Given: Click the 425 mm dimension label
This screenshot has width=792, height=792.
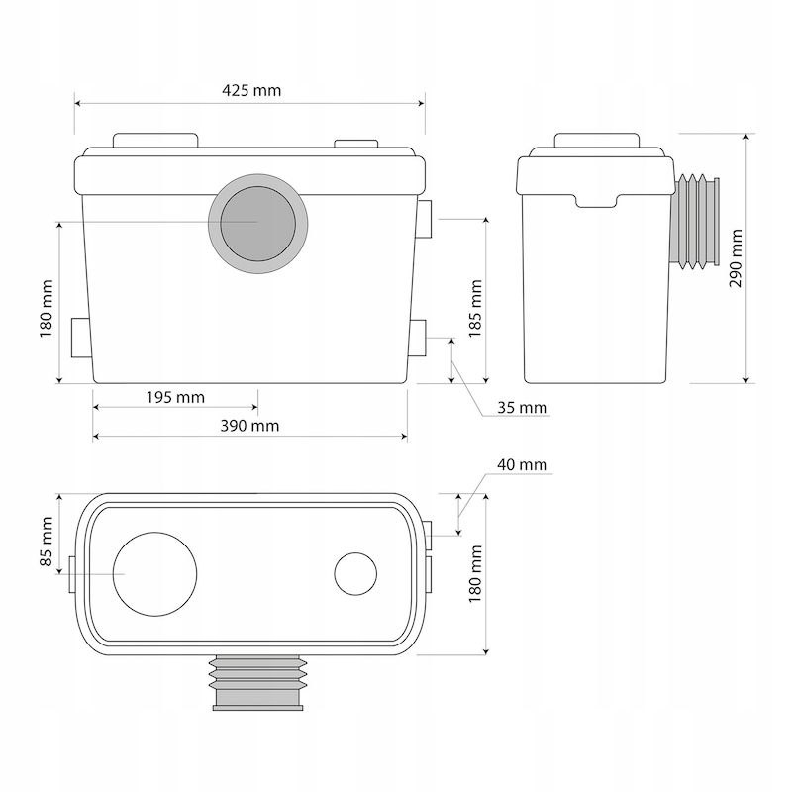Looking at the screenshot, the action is pos(251,90).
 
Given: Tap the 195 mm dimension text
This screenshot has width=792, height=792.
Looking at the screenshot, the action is pos(175,398).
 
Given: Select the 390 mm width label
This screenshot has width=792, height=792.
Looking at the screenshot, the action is pos(249,426).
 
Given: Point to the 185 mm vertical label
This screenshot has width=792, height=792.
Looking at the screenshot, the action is pos(475,308).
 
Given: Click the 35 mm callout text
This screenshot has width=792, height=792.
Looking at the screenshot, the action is pos(523,407).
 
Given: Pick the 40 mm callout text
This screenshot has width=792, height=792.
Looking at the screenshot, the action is pos(523,464).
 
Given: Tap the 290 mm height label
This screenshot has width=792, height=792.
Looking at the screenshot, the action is pos(736,258).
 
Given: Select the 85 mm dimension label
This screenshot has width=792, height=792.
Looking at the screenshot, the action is pos(46,541).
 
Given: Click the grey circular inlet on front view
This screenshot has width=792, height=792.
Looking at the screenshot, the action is pos(258,224).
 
